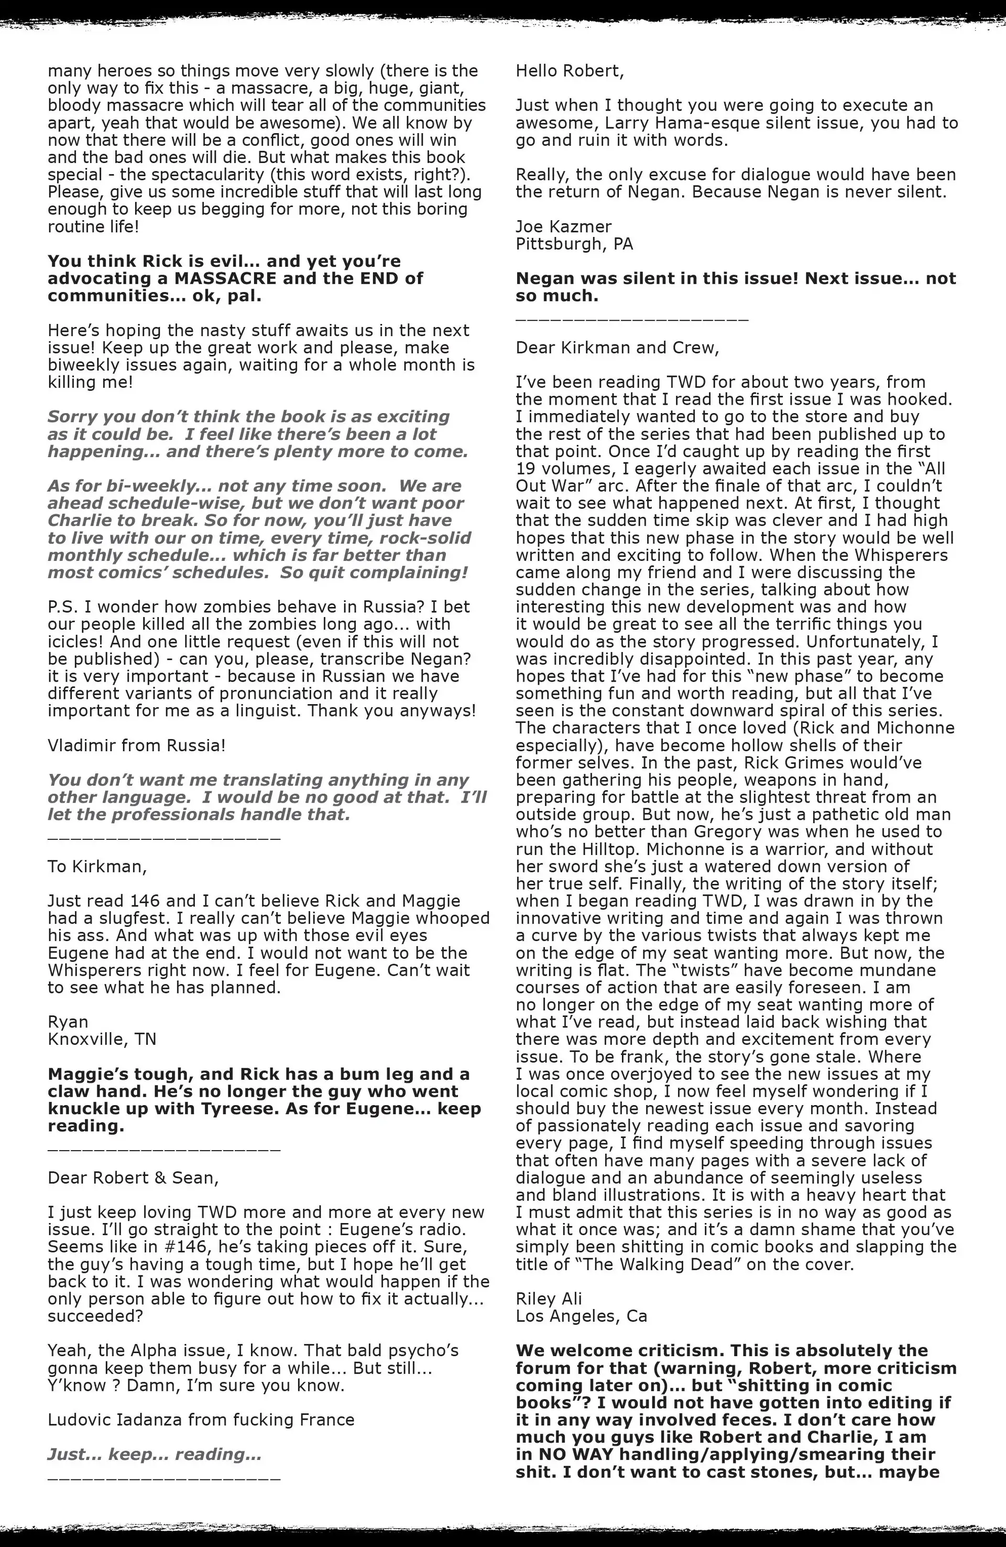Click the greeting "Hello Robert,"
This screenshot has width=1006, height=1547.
tap(570, 71)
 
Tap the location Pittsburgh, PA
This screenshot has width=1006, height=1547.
tap(574, 244)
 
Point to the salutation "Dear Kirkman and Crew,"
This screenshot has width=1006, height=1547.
tap(617, 348)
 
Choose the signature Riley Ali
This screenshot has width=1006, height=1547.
tap(549, 1299)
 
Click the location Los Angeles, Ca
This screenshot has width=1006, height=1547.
tap(581, 1316)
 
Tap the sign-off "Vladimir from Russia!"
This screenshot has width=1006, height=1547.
tap(136, 745)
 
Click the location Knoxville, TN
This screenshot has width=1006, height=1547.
tap(102, 1040)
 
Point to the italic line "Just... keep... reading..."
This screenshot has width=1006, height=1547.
tap(155, 1455)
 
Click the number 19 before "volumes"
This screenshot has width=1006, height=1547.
tap(525, 469)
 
